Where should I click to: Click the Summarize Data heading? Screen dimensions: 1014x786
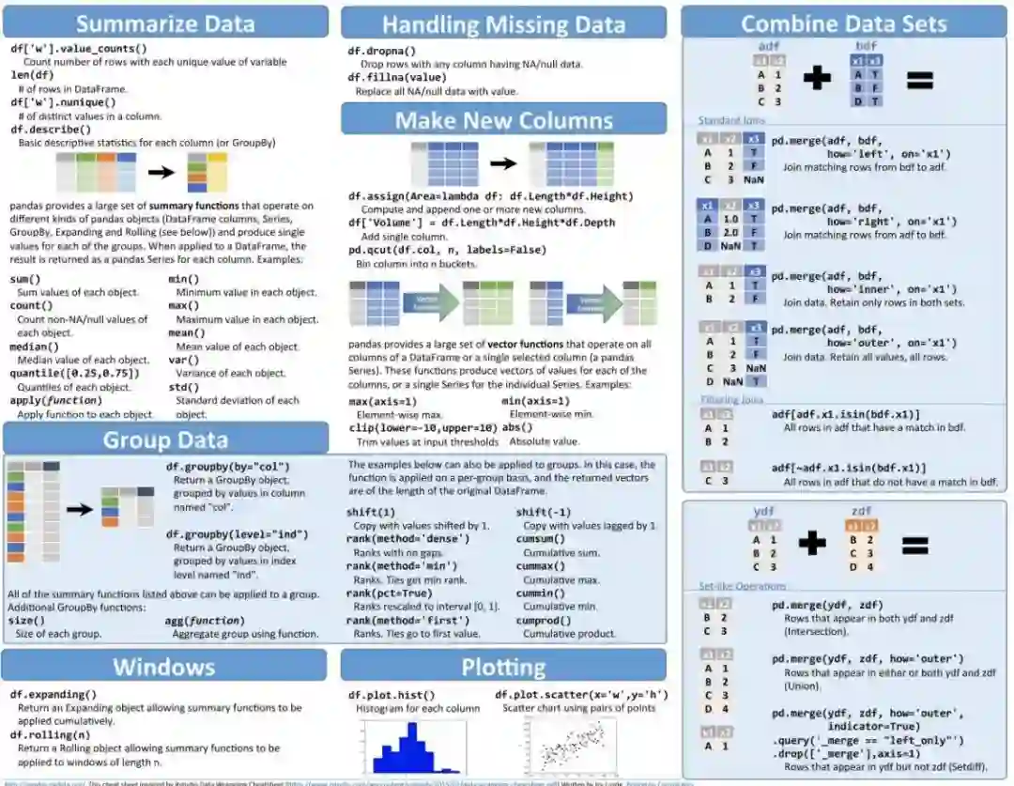165,23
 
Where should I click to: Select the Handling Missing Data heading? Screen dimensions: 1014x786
503,24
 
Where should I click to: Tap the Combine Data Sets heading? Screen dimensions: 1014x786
843,23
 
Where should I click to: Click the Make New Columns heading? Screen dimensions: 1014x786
503,120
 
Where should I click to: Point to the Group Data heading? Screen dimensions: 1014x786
165,439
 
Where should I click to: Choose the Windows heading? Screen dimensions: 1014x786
165,667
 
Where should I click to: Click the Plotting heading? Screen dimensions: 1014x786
503,667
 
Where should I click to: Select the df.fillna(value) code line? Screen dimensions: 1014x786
397,78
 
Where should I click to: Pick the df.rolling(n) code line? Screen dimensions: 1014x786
51,735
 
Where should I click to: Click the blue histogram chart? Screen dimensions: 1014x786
406,747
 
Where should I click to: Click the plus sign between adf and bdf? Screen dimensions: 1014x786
817,79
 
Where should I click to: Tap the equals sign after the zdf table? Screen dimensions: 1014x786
914,547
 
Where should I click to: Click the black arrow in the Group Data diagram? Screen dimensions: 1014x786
80,509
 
